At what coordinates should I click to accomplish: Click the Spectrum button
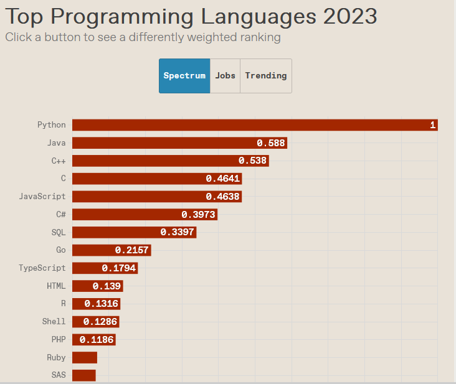coord(184,76)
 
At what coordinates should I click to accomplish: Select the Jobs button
coord(225,76)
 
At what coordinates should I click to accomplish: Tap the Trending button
coord(266,76)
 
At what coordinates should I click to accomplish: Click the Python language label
coord(51,125)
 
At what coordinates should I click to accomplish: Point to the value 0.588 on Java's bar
coord(271,143)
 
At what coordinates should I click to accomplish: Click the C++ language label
coord(59,161)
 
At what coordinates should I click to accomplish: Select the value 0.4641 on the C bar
coord(223,179)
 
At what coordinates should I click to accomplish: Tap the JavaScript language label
coord(42,197)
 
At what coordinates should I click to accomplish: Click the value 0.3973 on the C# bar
coord(198,215)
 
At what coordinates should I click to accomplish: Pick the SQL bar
coord(134,233)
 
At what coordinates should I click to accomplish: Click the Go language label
coord(60,250)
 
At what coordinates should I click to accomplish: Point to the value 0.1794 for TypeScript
coord(120,268)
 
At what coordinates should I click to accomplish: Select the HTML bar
coord(97,286)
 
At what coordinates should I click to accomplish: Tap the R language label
coord(63,304)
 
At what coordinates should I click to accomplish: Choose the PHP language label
coord(59,340)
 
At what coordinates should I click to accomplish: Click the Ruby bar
coord(85,358)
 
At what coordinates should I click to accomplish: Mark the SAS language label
coord(59,375)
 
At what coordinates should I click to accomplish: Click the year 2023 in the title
coord(350,16)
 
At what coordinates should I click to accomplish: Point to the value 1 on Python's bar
coord(432,125)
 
